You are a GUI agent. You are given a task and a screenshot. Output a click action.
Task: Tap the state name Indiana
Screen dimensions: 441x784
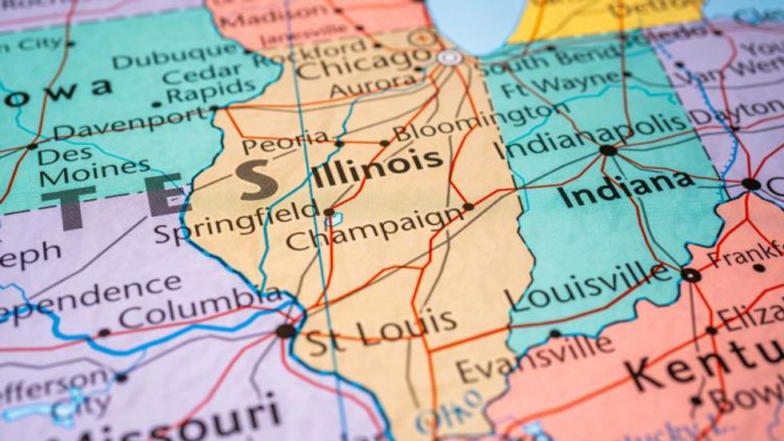click(x=626, y=189)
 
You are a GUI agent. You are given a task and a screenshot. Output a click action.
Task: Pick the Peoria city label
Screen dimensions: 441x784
click(x=285, y=142)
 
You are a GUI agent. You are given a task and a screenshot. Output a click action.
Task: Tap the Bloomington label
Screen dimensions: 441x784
click(x=470, y=122)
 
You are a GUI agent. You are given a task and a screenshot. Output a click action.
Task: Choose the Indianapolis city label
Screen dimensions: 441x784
click(x=591, y=136)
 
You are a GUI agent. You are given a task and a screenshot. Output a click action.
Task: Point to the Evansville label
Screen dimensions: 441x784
click(x=534, y=358)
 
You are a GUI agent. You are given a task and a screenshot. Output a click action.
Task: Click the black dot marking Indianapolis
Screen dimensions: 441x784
click(x=608, y=150)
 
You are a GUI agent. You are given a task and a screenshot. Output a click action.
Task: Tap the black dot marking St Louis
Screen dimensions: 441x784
click(x=285, y=331)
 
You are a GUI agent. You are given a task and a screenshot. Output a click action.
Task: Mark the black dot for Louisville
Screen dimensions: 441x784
click(x=690, y=275)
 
